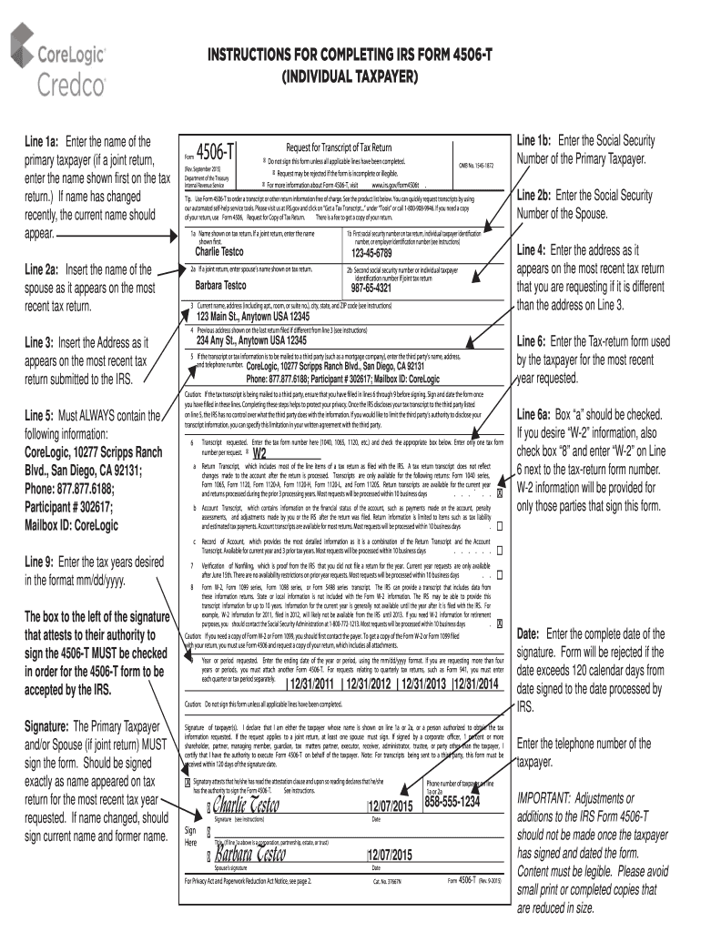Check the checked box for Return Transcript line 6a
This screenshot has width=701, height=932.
click(500, 494)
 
